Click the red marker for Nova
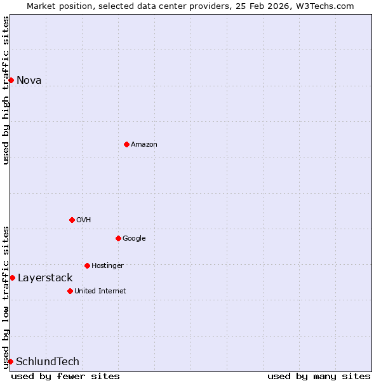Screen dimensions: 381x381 11,80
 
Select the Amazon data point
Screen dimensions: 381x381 126,144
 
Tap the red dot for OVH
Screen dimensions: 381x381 72,220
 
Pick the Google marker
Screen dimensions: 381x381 118,238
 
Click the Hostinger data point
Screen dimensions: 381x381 87,265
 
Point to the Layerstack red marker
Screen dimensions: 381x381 12,277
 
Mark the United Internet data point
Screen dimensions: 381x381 70,291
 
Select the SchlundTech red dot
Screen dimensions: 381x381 10,361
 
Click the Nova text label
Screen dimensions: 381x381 29,80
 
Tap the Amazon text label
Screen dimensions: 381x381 144,144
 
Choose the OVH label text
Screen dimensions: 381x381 84,220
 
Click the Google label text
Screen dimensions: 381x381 134,238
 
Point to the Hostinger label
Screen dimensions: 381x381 107,265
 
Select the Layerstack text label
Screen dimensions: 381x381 45,277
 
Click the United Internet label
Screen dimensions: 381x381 100,291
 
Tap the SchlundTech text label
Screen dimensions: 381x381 48,361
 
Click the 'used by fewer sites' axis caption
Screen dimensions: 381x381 65,376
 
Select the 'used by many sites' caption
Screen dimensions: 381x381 319,376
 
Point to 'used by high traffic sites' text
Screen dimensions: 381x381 6,90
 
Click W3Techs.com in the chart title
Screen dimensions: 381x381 323,6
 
